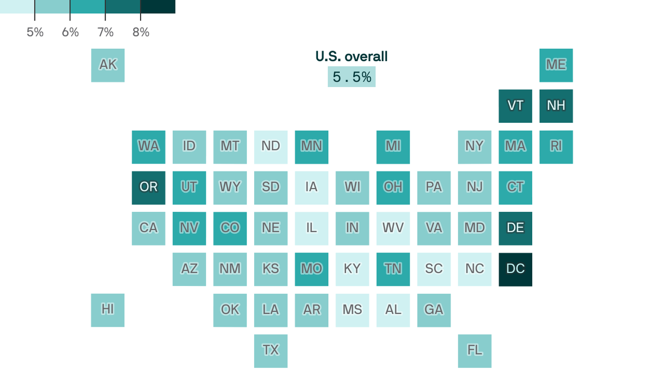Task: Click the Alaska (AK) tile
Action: tap(107, 65)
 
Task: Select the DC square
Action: tap(515, 269)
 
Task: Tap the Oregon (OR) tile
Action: tap(148, 187)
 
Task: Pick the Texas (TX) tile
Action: tap(271, 351)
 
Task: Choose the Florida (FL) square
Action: tap(474, 351)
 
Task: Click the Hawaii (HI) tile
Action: tap(107, 310)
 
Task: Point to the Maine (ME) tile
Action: tap(556, 65)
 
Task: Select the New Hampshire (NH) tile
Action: tap(556, 106)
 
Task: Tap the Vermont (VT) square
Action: tap(515, 106)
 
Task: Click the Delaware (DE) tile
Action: tap(515, 228)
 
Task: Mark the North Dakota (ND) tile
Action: tap(271, 147)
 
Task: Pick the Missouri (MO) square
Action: tap(312, 269)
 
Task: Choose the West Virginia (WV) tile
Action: tap(393, 228)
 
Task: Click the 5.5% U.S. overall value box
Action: tap(351, 77)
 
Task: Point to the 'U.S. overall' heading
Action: tap(351, 57)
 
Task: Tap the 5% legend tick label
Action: tap(35, 33)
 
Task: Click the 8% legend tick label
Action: tap(141, 33)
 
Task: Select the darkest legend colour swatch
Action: tap(158, 6)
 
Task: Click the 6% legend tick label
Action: tap(70, 33)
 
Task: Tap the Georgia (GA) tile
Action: tap(434, 310)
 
